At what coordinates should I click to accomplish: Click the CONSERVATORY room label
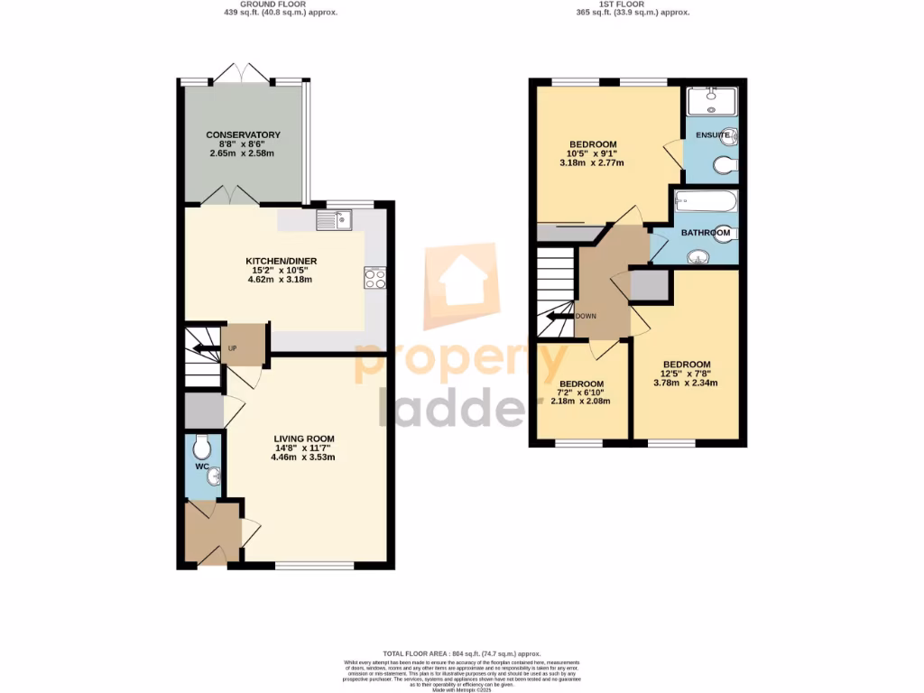[x=243, y=134]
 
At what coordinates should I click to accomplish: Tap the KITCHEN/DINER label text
[x=282, y=261]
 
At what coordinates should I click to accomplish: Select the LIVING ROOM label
[x=304, y=438]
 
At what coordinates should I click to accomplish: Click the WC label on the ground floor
[x=202, y=467]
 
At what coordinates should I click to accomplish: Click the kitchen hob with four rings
[x=374, y=279]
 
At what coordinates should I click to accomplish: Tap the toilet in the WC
[x=202, y=446]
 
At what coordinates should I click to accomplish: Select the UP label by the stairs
[x=232, y=349]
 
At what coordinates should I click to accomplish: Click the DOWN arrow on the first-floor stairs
[x=559, y=316]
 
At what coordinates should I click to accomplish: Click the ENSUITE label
[x=711, y=135]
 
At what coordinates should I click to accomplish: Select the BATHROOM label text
[x=705, y=233]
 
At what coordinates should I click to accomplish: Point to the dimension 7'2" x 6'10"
[x=580, y=393]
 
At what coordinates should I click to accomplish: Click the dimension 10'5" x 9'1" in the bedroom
[x=592, y=154]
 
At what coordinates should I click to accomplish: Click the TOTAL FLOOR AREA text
[x=461, y=653]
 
